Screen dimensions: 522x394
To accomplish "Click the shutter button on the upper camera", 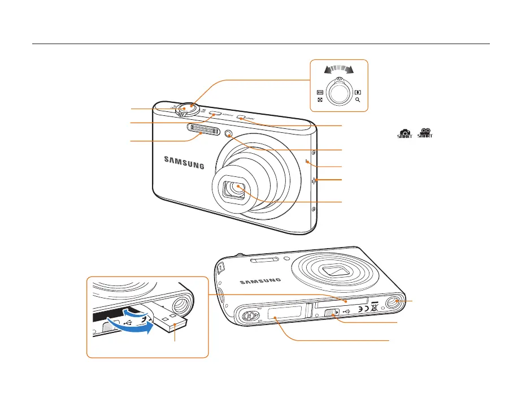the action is [x=186, y=107].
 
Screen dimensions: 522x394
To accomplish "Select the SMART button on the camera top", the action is [x=241, y=118].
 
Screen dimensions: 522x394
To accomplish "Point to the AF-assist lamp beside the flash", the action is [x=229, y=135].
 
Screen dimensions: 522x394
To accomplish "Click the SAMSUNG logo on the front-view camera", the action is [x=184, y=161].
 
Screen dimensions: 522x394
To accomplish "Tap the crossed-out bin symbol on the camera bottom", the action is [x=375, y=308].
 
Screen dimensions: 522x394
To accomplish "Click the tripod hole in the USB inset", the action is [x=181, y=306].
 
